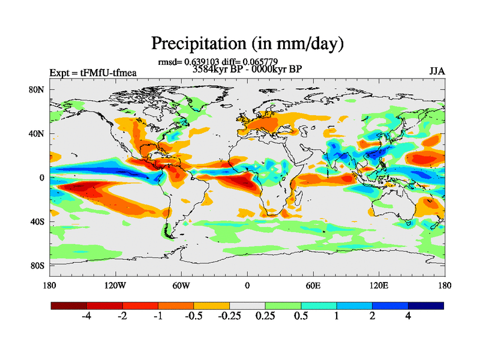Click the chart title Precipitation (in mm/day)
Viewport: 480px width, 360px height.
247,43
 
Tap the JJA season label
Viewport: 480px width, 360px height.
437,71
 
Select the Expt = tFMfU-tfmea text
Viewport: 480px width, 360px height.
93,73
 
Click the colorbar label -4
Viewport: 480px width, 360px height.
85,317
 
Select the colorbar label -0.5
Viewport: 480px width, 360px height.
193,317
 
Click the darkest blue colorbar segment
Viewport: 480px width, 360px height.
425,305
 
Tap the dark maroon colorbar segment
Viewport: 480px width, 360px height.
69,305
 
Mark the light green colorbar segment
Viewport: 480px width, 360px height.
283,305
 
